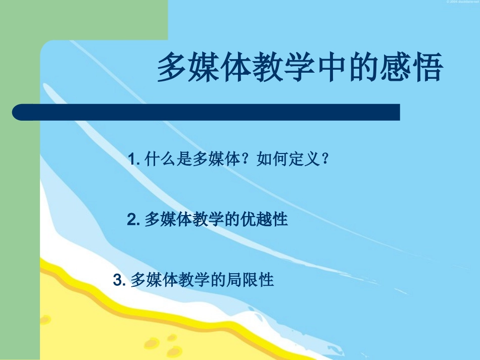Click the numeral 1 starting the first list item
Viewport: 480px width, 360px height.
132,161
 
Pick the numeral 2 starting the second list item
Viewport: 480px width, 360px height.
131,220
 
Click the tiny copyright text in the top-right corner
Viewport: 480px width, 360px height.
462,2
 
